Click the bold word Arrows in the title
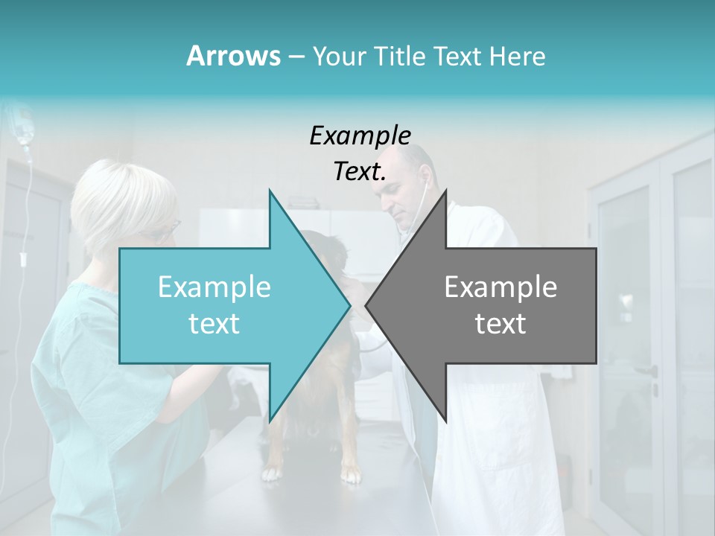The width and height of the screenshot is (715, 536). tap(232, 56)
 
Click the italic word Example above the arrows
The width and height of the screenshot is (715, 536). tap(360, 136)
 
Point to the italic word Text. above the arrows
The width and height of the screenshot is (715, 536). tap(360, 172)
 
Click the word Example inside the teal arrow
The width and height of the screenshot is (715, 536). tap(214, 287)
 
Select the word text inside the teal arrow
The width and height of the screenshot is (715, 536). tap(214, 324)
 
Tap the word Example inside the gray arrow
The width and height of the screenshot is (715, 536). tap(500, 287)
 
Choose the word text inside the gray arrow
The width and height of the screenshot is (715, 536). tap(500, 324)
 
